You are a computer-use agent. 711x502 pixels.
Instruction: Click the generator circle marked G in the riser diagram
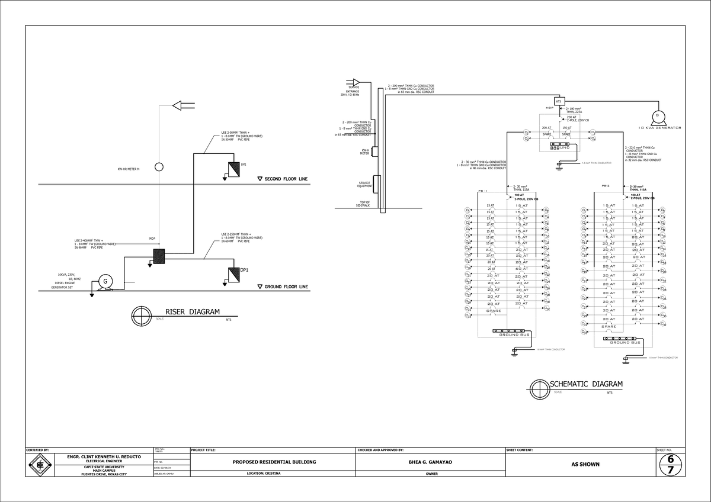(x=105, y=281)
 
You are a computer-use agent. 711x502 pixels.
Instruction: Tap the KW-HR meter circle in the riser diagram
(x=159, y=167)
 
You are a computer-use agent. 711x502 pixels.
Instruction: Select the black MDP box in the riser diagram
(x=159, y=256)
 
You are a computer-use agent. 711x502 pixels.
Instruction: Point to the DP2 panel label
(x=243, y=164)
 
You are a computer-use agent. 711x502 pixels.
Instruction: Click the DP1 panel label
(x=244, y=270)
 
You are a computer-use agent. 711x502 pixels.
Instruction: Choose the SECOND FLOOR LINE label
(x=286, y=179)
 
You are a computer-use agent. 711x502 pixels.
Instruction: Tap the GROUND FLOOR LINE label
(x=286, y=287)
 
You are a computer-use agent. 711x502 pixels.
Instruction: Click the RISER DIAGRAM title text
(x=192, y=312)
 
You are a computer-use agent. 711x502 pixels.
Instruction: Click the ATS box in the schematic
(x=559, y=102)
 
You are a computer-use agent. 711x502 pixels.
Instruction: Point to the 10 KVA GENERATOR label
(x=659, y=128)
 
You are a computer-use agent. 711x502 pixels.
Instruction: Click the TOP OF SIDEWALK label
(x=363, y=203)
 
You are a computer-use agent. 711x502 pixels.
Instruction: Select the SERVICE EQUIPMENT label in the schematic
(x=365, y=184)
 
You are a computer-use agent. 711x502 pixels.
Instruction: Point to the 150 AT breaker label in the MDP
(x=566, y=127)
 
